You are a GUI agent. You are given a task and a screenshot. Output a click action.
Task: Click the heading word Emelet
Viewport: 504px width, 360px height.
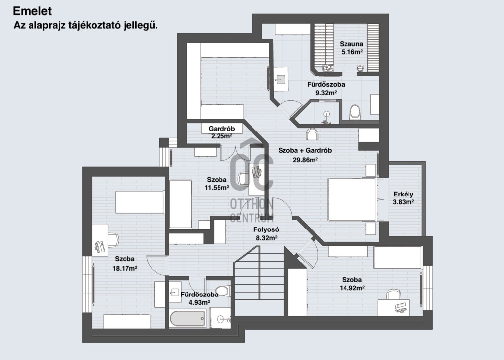tap(32, 11)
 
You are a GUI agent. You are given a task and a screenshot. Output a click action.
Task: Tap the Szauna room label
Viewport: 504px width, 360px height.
tap(351, 44)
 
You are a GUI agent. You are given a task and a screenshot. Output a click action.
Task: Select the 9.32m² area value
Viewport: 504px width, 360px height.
tap(326, 93)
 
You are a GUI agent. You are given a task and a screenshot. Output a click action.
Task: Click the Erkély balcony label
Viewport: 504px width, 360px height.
tap(404, 194)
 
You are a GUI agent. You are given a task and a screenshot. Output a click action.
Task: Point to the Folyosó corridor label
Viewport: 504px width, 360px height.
tap(266, 229)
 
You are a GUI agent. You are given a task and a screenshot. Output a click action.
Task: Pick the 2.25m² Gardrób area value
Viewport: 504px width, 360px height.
tap(222, 136)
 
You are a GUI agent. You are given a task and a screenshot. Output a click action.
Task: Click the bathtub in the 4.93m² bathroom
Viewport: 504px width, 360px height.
tap(188, 318)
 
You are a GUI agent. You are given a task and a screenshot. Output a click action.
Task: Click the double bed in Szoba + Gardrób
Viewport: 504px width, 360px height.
tap(351, 199)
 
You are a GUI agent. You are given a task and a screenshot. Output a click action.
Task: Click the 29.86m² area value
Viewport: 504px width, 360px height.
tap(305, 159)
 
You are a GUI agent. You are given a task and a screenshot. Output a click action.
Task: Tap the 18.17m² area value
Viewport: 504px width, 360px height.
tap(125, 268)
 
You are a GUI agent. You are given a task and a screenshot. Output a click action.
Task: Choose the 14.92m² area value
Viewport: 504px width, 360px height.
tap(352, 288)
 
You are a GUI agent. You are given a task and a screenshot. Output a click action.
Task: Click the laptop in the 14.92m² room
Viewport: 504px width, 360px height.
tap(402, 307)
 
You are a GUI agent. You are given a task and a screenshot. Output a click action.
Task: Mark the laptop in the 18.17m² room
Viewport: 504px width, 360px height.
tap(99, 246)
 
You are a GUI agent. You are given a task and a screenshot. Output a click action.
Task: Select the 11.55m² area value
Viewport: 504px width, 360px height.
tap(217, 188)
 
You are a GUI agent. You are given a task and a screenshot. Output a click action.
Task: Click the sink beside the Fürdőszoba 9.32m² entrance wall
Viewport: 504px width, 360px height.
tap(281, 79)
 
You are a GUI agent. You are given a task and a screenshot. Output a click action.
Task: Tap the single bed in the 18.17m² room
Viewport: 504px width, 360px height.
tap(139, 202)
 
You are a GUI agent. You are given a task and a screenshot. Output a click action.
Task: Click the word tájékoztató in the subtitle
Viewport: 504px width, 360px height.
tap(94, 26)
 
